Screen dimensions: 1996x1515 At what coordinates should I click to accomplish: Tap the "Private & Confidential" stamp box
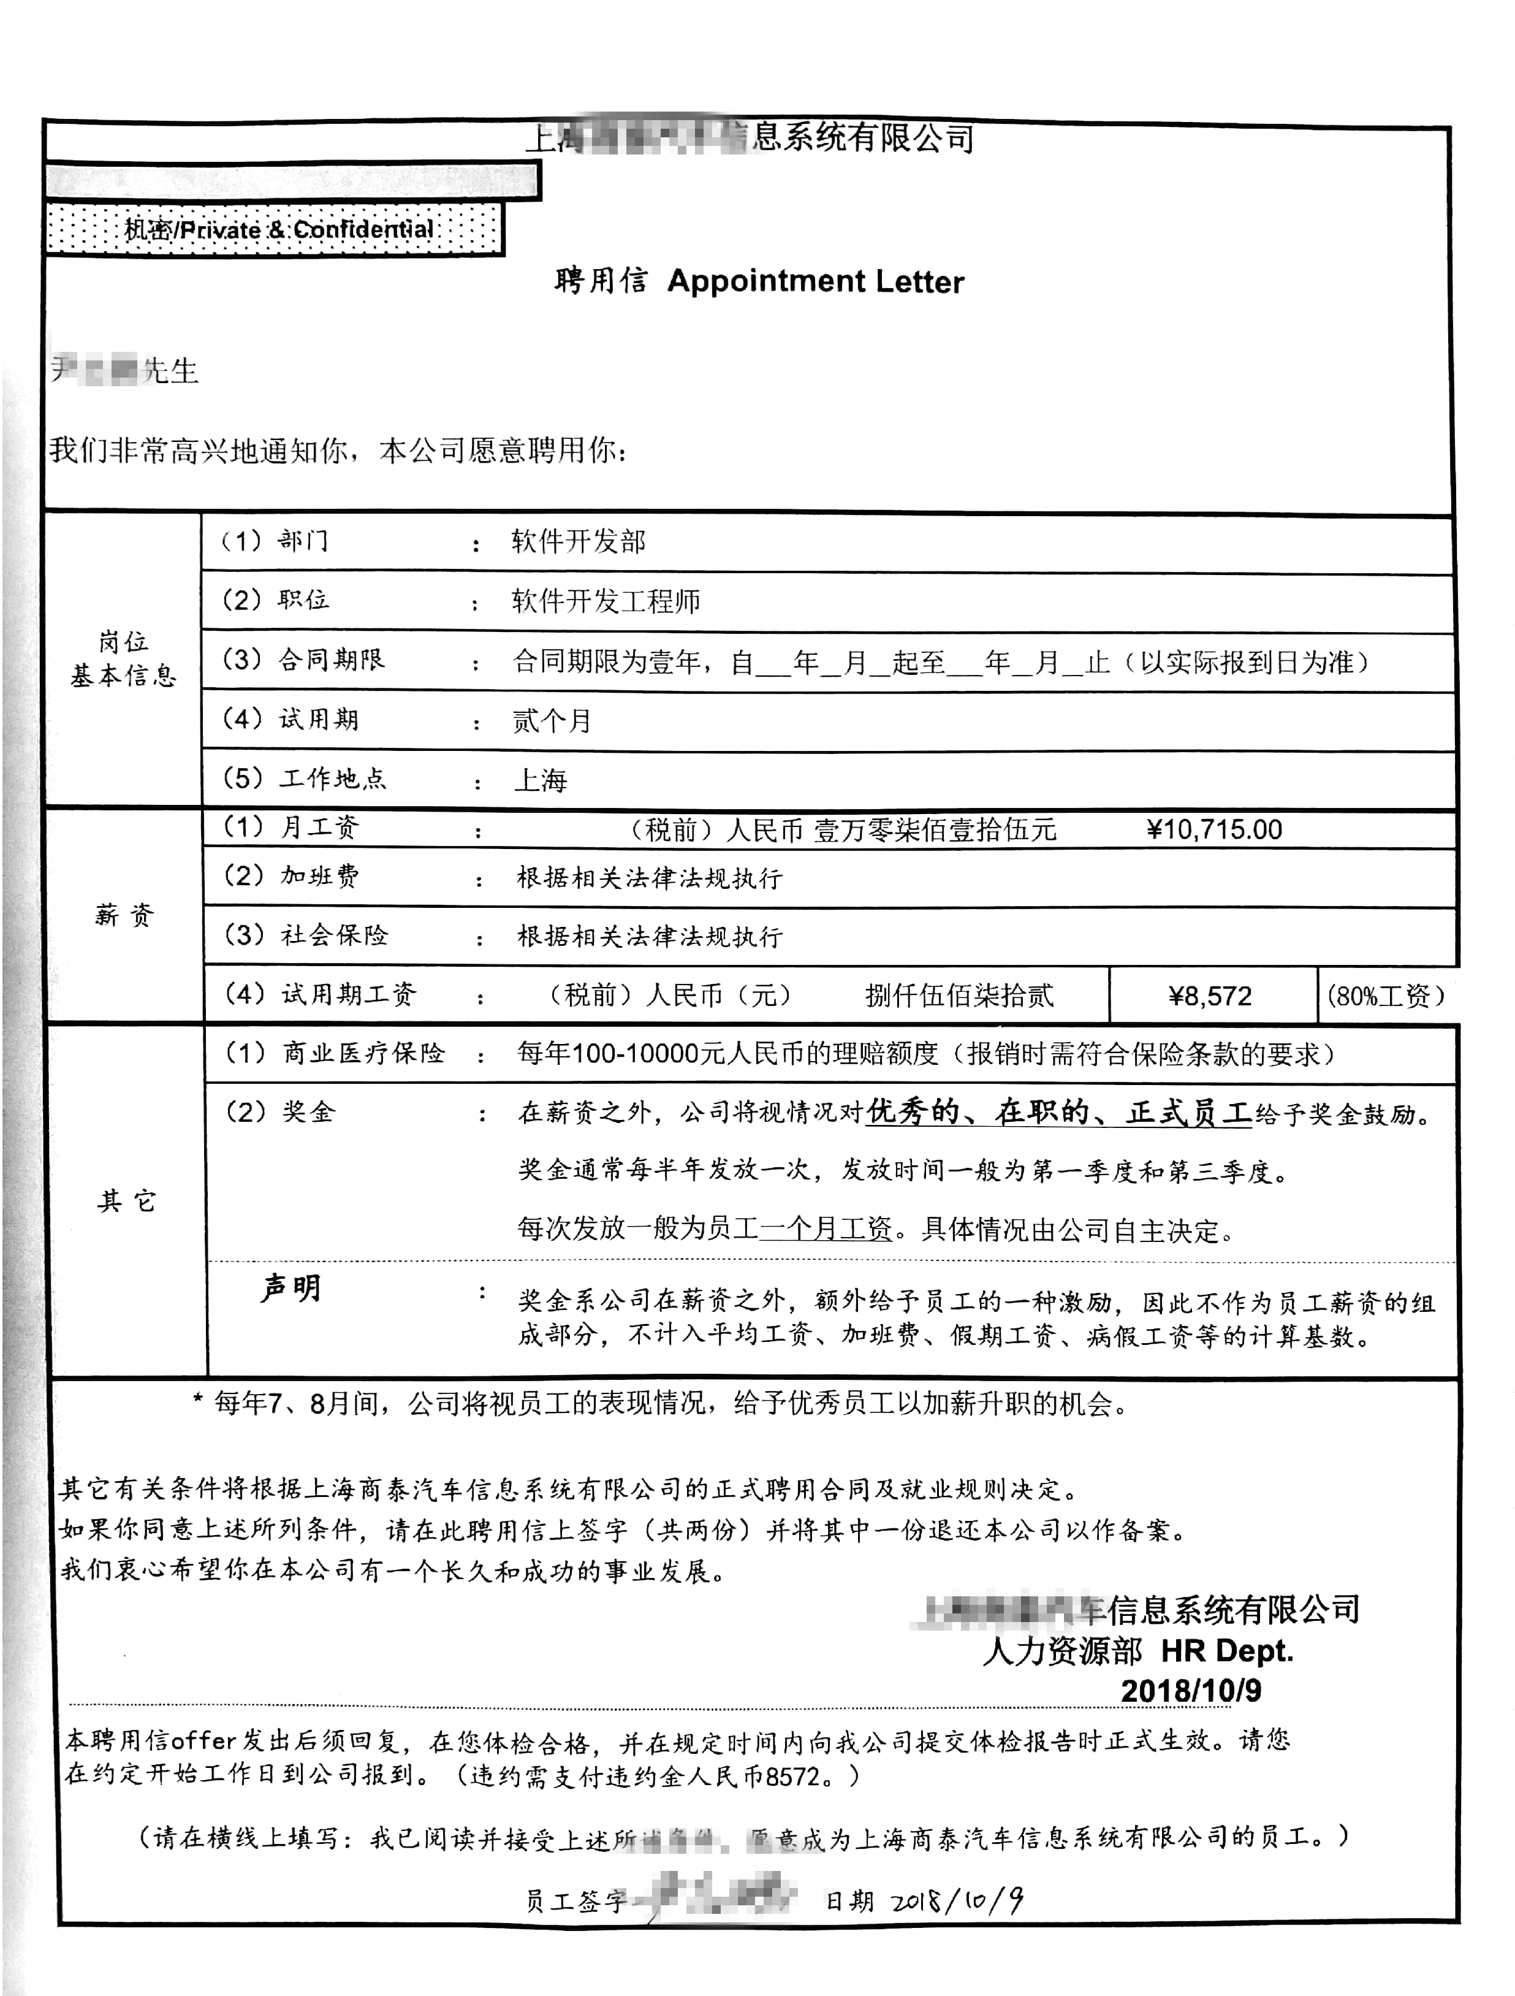click(275, 229)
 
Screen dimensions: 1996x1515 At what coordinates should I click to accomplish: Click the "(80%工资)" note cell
click(1386, 996)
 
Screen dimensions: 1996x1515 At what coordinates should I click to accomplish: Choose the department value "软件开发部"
click(579, 541)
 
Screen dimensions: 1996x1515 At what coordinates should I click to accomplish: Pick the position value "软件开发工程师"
click(606, 601)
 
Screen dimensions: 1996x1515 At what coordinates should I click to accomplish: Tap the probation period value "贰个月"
click(552, 721)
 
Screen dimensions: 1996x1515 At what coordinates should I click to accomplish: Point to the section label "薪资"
click(124, 916)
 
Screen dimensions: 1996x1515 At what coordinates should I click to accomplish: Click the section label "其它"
click(126, 1201)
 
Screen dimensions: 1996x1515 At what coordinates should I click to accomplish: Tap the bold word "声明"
click(290, 1289)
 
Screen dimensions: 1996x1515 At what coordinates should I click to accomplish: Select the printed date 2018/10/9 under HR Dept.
click(1190, 1690)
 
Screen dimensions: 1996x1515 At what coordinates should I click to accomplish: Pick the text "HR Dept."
click(1227, 1650)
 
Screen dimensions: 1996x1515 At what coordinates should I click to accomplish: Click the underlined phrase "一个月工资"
click(825, 1230)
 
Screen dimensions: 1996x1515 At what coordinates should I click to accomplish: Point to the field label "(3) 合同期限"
click(304, 660)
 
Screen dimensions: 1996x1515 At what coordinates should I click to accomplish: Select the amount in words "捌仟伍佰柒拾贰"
click(959, 996)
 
